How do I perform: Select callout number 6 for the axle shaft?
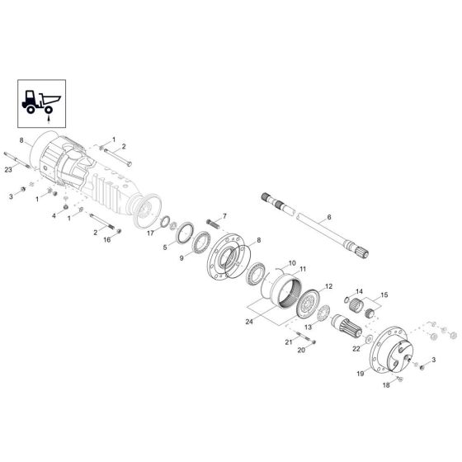click(329, 218)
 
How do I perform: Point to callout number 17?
click(149, 233)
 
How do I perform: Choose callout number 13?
click(308, 326)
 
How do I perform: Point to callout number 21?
click(288, 342)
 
